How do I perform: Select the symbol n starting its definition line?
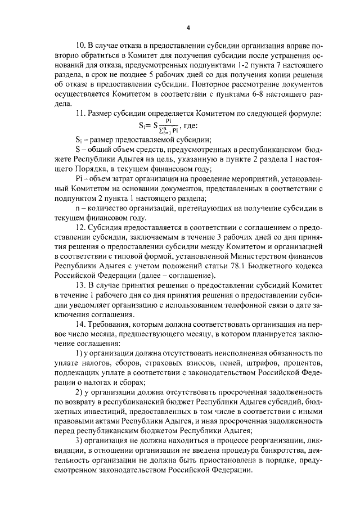pyautogui.click(x=78, y=209)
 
